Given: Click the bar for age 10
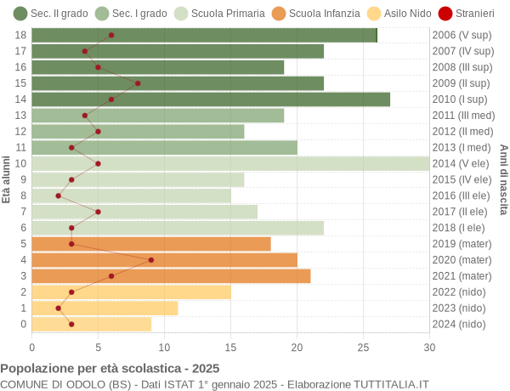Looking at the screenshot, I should click(230, 163).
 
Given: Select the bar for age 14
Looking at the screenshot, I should click(211, 99).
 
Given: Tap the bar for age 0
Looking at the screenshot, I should click(92, 324).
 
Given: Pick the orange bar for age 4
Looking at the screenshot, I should click(165, 260).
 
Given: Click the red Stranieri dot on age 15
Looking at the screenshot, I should click(138, 83).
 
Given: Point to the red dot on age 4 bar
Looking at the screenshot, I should click(151, 260).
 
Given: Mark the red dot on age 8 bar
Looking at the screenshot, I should click(59, 195).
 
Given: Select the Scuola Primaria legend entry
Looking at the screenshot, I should click(218, 14).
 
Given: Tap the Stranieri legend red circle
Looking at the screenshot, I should click(445, 14).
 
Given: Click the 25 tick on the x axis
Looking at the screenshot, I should click(363, 347).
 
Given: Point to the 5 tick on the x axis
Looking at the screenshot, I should click(99, 347).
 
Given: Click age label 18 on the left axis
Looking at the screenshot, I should click(22, 35).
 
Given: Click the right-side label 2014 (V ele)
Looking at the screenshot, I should click(462, 163).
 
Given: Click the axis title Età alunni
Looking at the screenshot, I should click(7, 179).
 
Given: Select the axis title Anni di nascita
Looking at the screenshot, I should click(503, 179).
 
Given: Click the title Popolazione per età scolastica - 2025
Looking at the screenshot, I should click(110, 369).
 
